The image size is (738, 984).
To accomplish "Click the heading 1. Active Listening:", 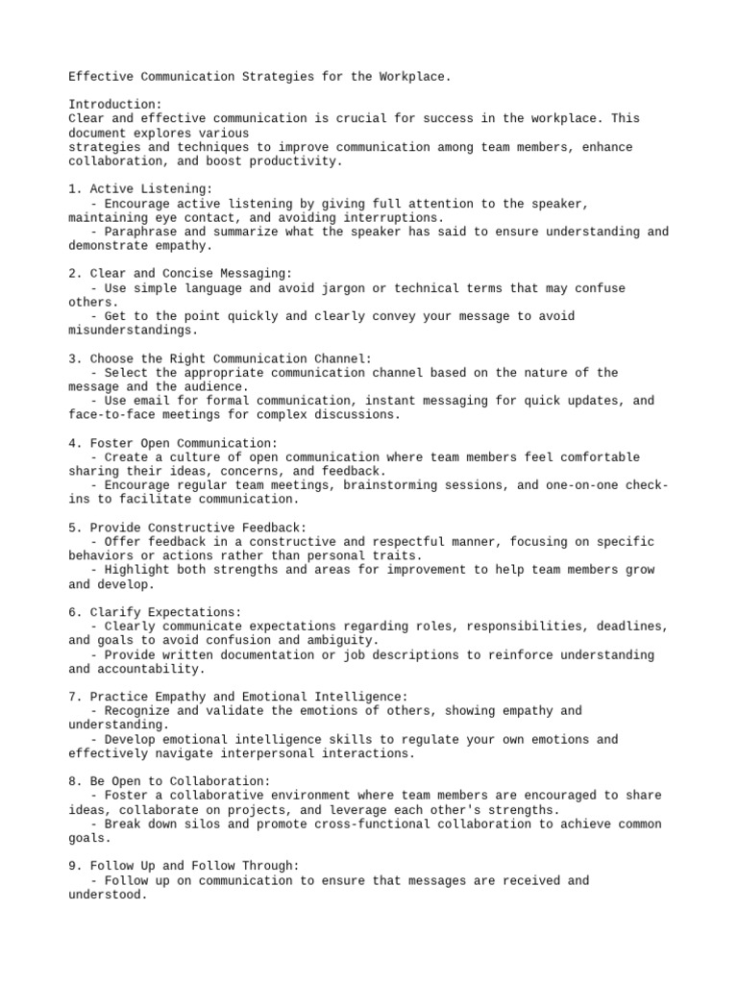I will [140, 189].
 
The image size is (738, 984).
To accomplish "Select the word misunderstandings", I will [130, 331].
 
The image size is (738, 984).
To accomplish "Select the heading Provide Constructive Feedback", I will [199, 528].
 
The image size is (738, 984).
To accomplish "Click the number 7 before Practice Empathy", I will [72, 697].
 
